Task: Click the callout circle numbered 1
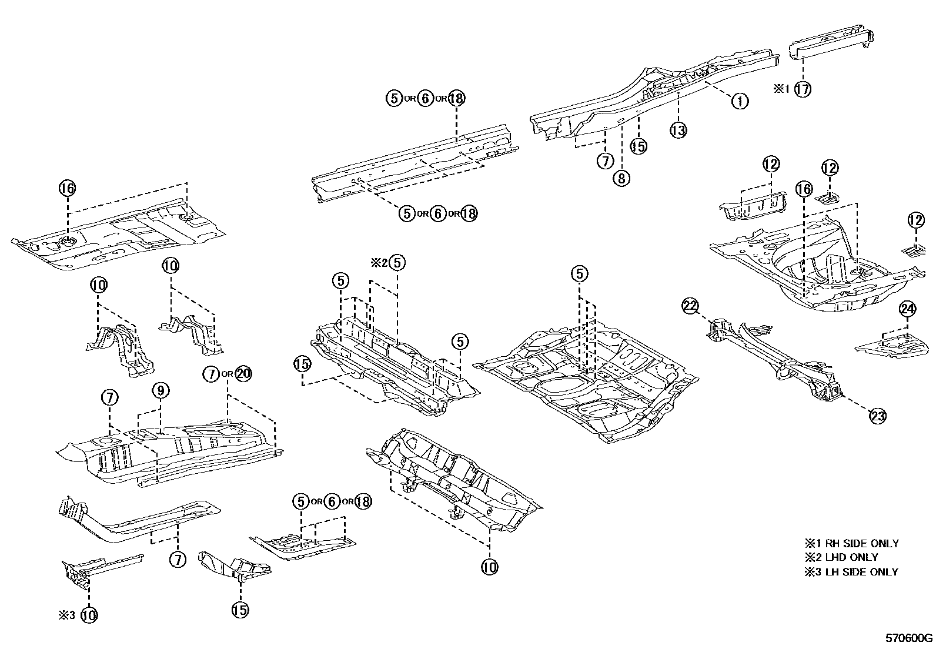[x=740, y=101]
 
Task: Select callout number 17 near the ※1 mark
[x=802, y=89]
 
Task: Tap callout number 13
[x=678, y=130]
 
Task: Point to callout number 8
[x=621, y=178]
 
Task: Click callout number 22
[x=690, y=306]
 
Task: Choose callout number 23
[x=877, y=416]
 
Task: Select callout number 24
[x=907, y=309]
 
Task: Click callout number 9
[x=161, y=390]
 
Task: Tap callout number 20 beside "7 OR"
[x=243, y=374]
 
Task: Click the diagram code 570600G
[x=910, y=637]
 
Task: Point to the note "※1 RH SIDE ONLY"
[x=851, y=544]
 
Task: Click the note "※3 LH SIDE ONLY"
[x=851, y=571]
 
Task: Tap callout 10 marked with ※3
[x=89, y=615]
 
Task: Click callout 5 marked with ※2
[x=397, y=263]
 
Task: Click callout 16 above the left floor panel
[x=68, y=188]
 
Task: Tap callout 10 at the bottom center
[x=489, y=567]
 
